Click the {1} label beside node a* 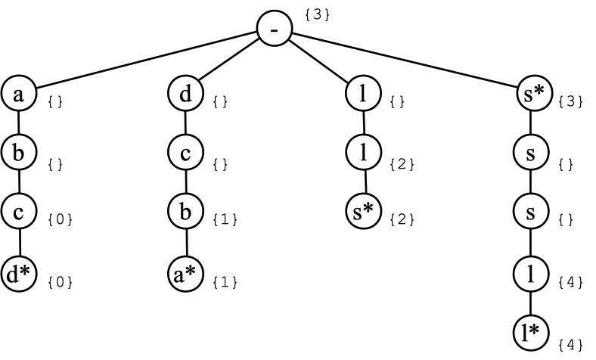(x=225, y=282)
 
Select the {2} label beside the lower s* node (x=402, y=220)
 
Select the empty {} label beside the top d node (x=221, y=101)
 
